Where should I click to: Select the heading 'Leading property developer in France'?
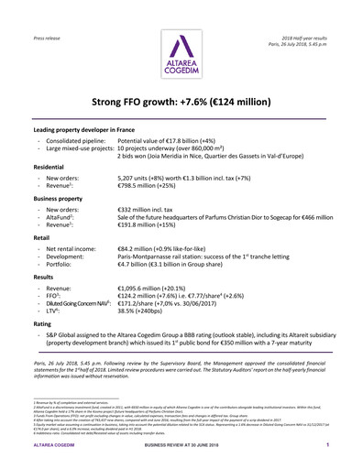point(90,131)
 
